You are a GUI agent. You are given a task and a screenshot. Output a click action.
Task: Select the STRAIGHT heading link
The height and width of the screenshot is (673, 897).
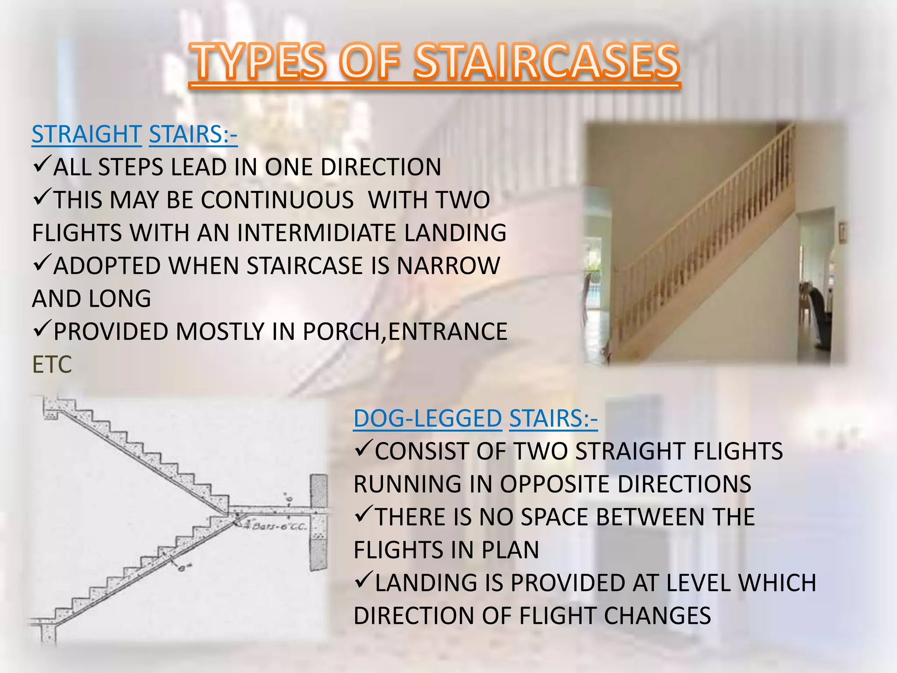pos(87,134)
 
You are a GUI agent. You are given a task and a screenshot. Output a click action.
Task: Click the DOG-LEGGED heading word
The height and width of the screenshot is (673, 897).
pos(427,418)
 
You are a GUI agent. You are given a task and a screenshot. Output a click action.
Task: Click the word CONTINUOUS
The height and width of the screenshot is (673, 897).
pos(277,200)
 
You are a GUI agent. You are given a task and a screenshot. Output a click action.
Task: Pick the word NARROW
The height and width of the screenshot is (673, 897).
pos(448,266)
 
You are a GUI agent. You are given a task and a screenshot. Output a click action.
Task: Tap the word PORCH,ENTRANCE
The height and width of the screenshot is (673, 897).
pos(405,332)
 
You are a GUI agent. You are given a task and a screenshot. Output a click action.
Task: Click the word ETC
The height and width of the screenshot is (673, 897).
pos(52,365)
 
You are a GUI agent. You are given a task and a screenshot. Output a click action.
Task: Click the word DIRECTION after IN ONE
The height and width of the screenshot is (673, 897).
pos(381,167)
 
